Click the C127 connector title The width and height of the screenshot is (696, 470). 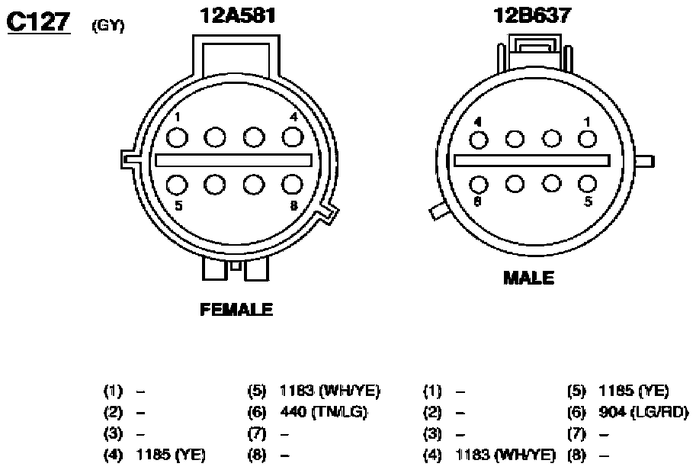pos(39,22)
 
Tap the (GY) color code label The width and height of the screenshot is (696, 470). pos(107,26)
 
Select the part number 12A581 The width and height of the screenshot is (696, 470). pos(238,15)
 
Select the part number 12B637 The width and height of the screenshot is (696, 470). pos(532,15)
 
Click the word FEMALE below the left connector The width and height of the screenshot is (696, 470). pos(236,309)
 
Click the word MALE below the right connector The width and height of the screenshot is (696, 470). pos(528,278)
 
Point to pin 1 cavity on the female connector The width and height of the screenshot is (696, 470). pos(177,137)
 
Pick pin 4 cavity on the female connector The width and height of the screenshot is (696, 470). pos(293,137)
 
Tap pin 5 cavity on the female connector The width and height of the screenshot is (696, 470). pos(177,185)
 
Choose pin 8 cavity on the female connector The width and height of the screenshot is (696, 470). pos(293,185)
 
